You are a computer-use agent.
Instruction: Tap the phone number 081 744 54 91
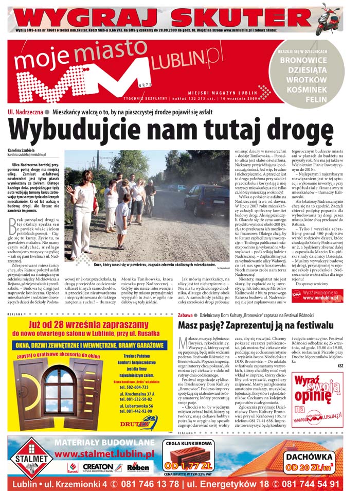coord(308,484)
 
